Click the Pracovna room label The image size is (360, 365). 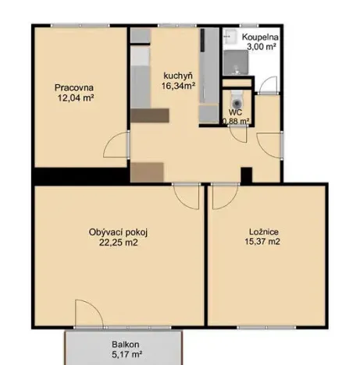[x=74, y=87]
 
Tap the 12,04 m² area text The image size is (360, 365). [x=75, y=98]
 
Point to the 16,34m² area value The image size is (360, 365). [x=179, y=87]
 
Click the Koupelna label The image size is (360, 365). [x=261, y=37]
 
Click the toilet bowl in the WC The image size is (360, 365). [x=237, y=99]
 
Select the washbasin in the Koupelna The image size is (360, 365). [x=230, y=37]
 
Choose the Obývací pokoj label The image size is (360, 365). [x=119, y=232]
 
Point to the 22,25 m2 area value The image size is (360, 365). [x=119, y=242]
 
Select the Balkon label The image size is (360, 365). [x=125, y=343]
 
